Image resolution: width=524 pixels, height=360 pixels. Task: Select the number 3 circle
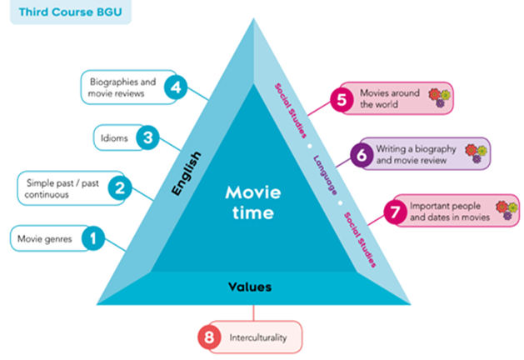(x=147, y=137)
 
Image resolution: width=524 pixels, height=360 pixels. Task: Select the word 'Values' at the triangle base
(x=250, y=287)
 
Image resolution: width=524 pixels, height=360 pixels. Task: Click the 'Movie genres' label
(x=44, y=239)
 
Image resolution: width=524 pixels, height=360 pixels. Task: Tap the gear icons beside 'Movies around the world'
(x=438, y=98)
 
